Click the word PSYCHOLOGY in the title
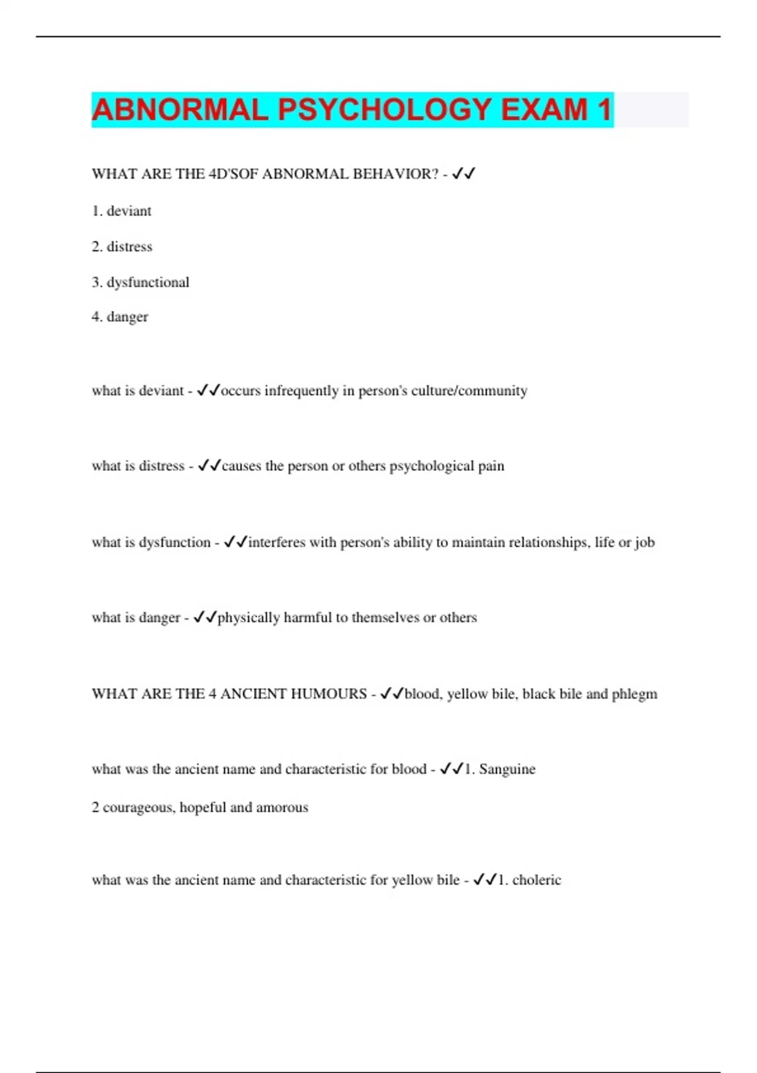pyautogui.click(x=384, y=110)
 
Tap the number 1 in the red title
pyautogui.click(x=604, y=110)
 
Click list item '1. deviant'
pyautogui.click(x=122, y=211)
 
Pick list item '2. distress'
pyautogui.click(x=122, y=247)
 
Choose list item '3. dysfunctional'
pyautogui.click(x=141, y=282)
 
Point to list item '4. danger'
pyautogui.click(x=120, y=317)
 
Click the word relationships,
pyautogui.click(x=548, y=542)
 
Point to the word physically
pyautogui.click(x=249, y=618)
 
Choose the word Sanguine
pyautogui.click(x=507, y=769)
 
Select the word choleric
pyautogui.click(x=536, y=880)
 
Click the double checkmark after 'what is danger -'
pyautogui.click(x=205, y=617)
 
